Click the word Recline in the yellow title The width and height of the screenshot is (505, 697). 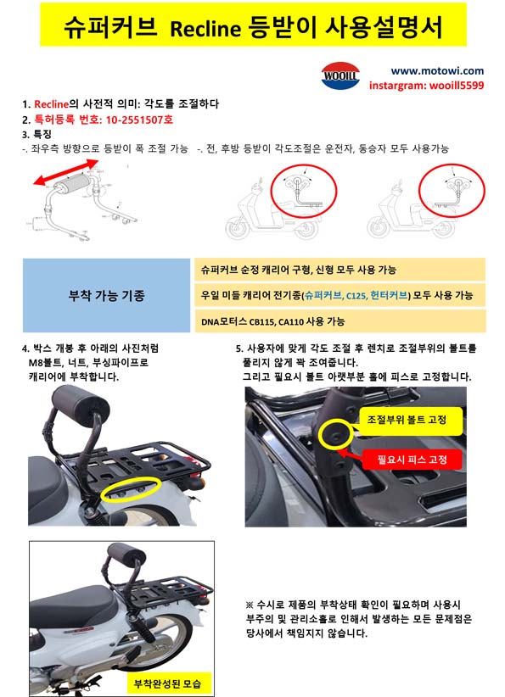point(205,29)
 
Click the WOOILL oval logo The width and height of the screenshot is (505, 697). point(340,75)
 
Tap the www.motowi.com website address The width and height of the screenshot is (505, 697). point(437,70)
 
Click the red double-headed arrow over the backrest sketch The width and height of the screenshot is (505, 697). point(66,172)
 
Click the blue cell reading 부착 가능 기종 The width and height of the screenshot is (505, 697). point(106,295)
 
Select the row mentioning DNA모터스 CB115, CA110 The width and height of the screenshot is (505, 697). point(340,321)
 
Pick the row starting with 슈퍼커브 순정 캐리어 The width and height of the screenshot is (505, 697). point(340,270)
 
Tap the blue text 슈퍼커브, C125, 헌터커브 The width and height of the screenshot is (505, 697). point(356,295)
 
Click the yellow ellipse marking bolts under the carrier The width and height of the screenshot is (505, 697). point(131,489)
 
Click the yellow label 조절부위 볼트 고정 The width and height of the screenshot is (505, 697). point(407,420)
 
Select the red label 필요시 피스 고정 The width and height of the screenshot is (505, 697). point(412,460)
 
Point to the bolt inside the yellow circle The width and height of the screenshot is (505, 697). point(334,433)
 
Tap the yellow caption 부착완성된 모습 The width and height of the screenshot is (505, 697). point(167,683)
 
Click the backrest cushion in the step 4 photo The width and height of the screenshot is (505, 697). point(80,400)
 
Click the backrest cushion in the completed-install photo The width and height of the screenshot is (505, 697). point(126,554)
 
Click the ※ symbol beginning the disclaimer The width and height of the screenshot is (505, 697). point(250,605)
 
